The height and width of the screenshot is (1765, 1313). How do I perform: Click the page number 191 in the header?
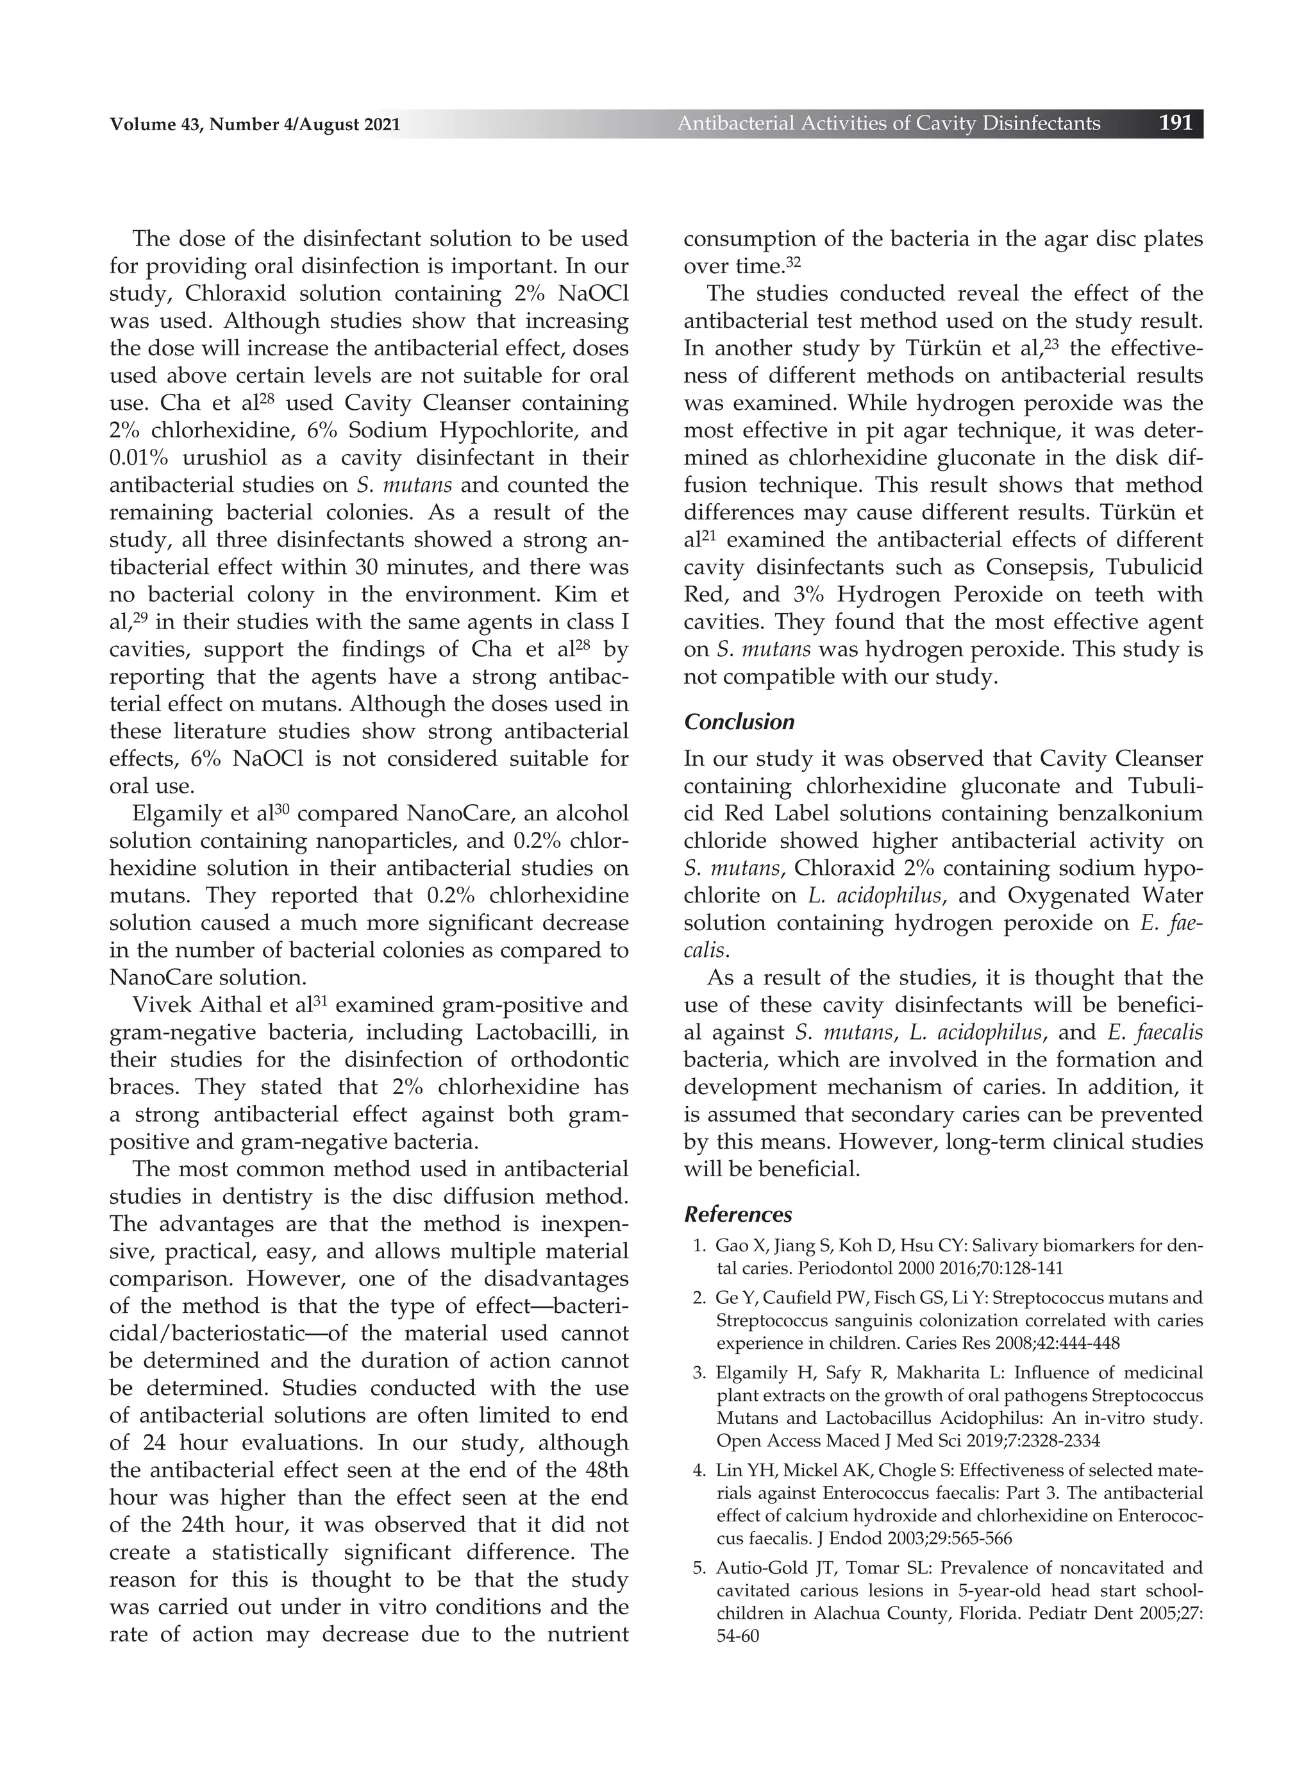coord(1176,123)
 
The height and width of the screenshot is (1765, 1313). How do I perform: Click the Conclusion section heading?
coord(739,722)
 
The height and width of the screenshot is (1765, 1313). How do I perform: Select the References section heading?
coord(737,1215)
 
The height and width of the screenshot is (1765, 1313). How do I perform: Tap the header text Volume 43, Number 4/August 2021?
coord(255,124)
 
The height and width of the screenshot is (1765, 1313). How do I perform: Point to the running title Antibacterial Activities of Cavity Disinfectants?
coord(889,123)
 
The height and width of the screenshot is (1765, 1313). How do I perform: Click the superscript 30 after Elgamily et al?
coord(281,809)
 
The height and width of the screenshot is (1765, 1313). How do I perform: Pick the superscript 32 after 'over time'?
coord(793,260)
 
